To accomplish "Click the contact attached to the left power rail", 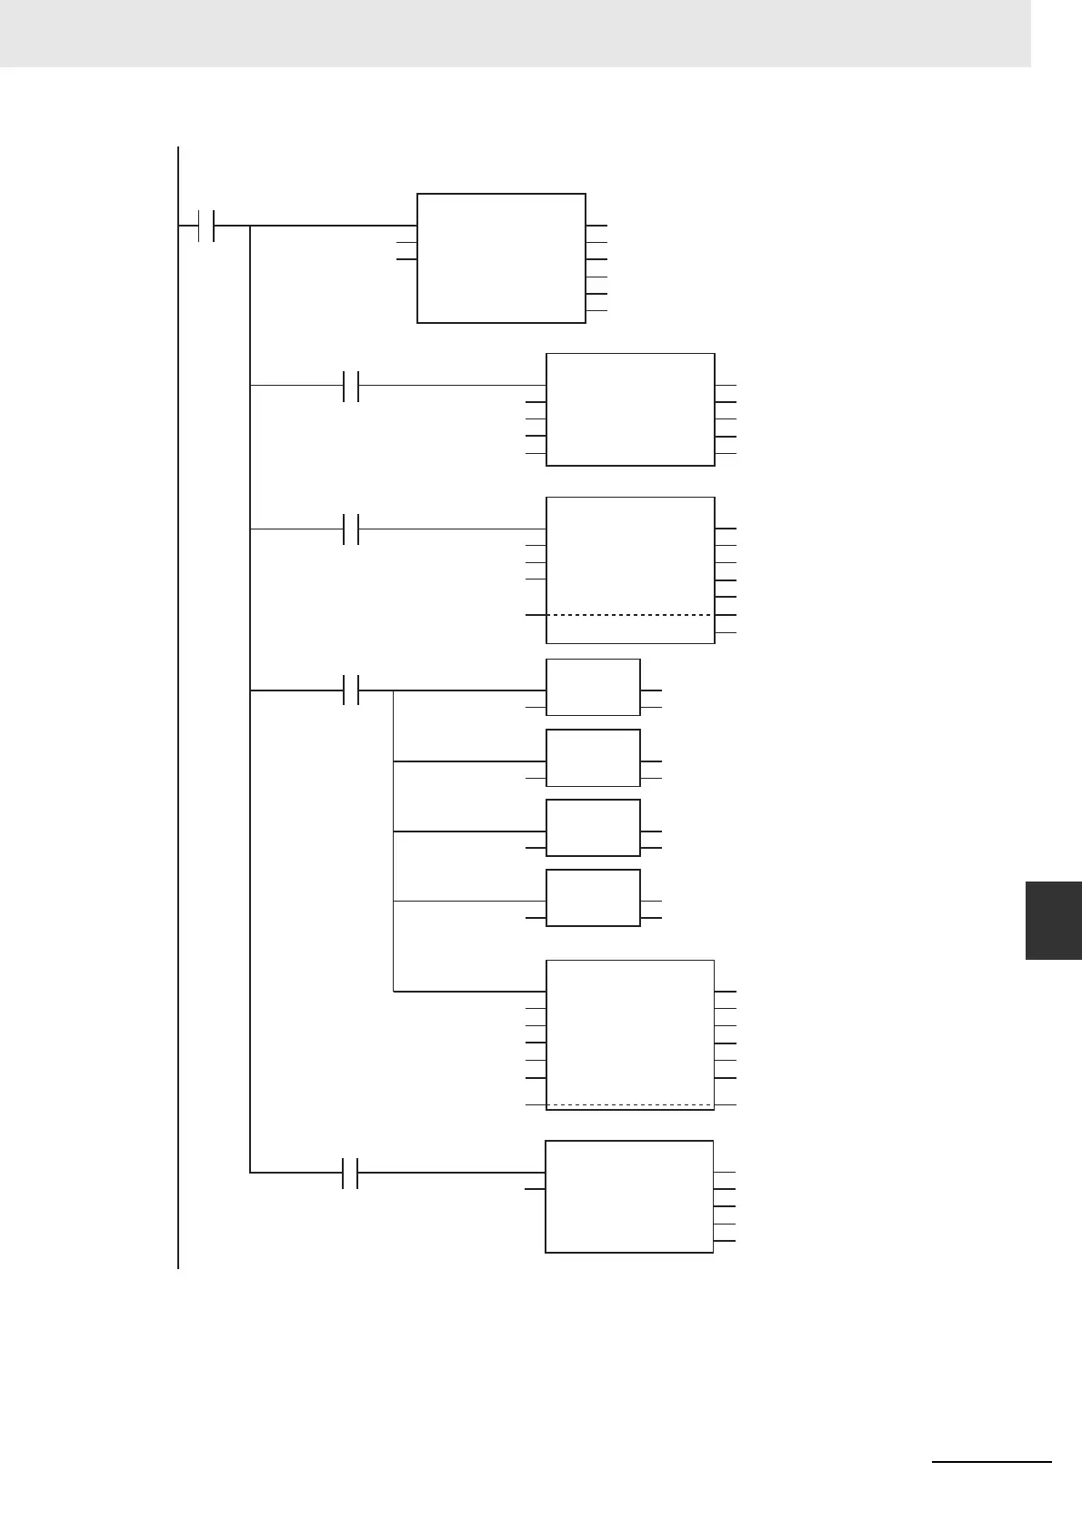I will point(205,226).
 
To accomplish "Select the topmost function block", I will point(501,257).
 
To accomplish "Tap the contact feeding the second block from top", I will point(352,386).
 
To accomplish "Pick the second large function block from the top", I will point(630,409).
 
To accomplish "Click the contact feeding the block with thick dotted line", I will point(352,529).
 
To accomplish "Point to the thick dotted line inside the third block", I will point(630,615).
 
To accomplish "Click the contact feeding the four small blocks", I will point(352,690).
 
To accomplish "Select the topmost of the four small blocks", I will point(593,687).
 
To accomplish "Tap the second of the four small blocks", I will point(593,758).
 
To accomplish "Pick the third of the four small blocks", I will point(593,828).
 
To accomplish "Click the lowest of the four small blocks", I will point(593,898).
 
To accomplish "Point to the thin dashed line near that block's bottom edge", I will point(630,1105).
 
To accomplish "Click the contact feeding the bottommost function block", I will point(352,1174).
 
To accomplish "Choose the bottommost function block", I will point(629,1196).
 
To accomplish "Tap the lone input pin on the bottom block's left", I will point(536,1189).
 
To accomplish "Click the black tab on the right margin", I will point(1054,920).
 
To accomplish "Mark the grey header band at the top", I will point(515,34).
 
